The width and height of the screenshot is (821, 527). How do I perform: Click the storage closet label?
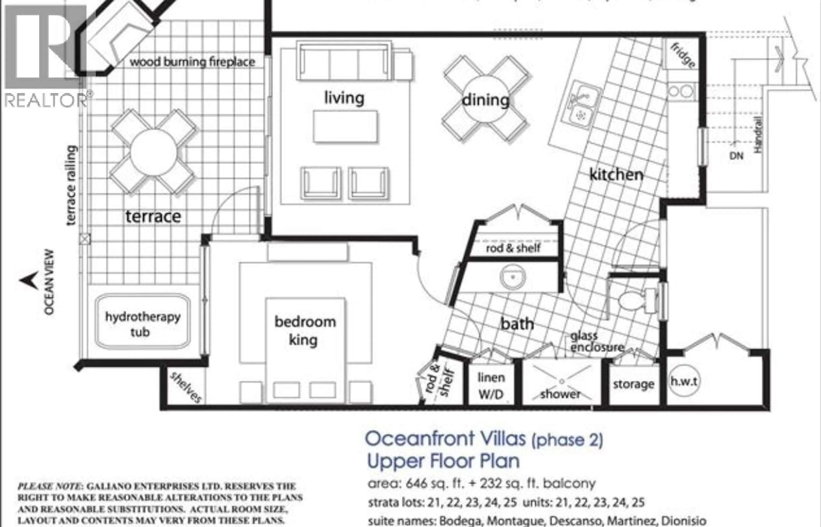[x=633, y=384]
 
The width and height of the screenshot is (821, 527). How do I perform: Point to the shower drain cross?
[x=562, y=381]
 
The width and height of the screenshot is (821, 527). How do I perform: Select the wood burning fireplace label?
[x=192, y=62]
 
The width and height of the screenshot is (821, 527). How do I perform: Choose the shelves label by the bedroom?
[x=186, y=387]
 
